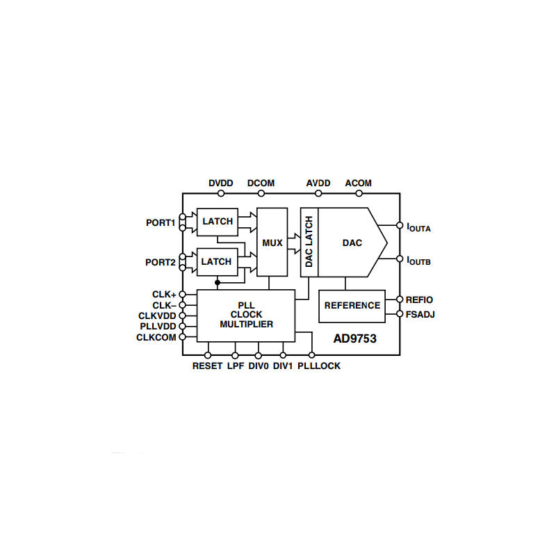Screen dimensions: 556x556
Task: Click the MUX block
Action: pyautogui.click(x=272, y=242)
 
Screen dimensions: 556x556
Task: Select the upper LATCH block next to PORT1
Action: pyautogui.click(x=218, y=222)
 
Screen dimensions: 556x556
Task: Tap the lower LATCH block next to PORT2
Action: pyautogui.click(x=217, y=262)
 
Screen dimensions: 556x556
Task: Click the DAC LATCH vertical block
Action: pyautogui.click(x=309, y=242)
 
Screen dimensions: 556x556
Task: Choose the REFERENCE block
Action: pyautogui.click(x=352, y=306)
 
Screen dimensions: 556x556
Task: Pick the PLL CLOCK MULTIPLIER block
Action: pyautogui.click(x=246, y=316)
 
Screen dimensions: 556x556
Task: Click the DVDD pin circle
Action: pyautogui.click(x=221, y=193)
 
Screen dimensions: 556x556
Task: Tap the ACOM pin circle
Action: pyautogui.click(x=359, y=193)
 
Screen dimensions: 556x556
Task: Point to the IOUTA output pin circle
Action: pyautogui.click(x=400, y=225)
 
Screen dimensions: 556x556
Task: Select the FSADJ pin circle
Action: pyautogui.click(x=400, y=314)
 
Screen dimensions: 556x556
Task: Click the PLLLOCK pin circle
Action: pyautogui.click(x=311, y=355)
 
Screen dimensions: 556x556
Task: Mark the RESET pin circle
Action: pyautogui.click(x=208, y=355)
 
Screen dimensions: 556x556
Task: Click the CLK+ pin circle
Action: pyautogui.click(x=182, y=294)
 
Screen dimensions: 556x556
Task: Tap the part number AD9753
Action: pyautogui.click(x=354, y=338)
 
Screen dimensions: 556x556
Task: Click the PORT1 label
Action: pyautogui.click(x=161, y=222)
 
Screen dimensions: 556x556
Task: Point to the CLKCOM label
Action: pyautogui.click(x=156, y=337)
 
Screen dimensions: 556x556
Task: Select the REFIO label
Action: pyautogui.click(x=419, y=300)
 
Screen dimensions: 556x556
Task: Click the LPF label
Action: pyautogui.click(x=236, y=366)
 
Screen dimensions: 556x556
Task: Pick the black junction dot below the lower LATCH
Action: pyautogui.click(x=218, y=283)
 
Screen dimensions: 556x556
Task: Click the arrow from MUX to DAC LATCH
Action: pyautogui.click(x=294, y=243)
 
